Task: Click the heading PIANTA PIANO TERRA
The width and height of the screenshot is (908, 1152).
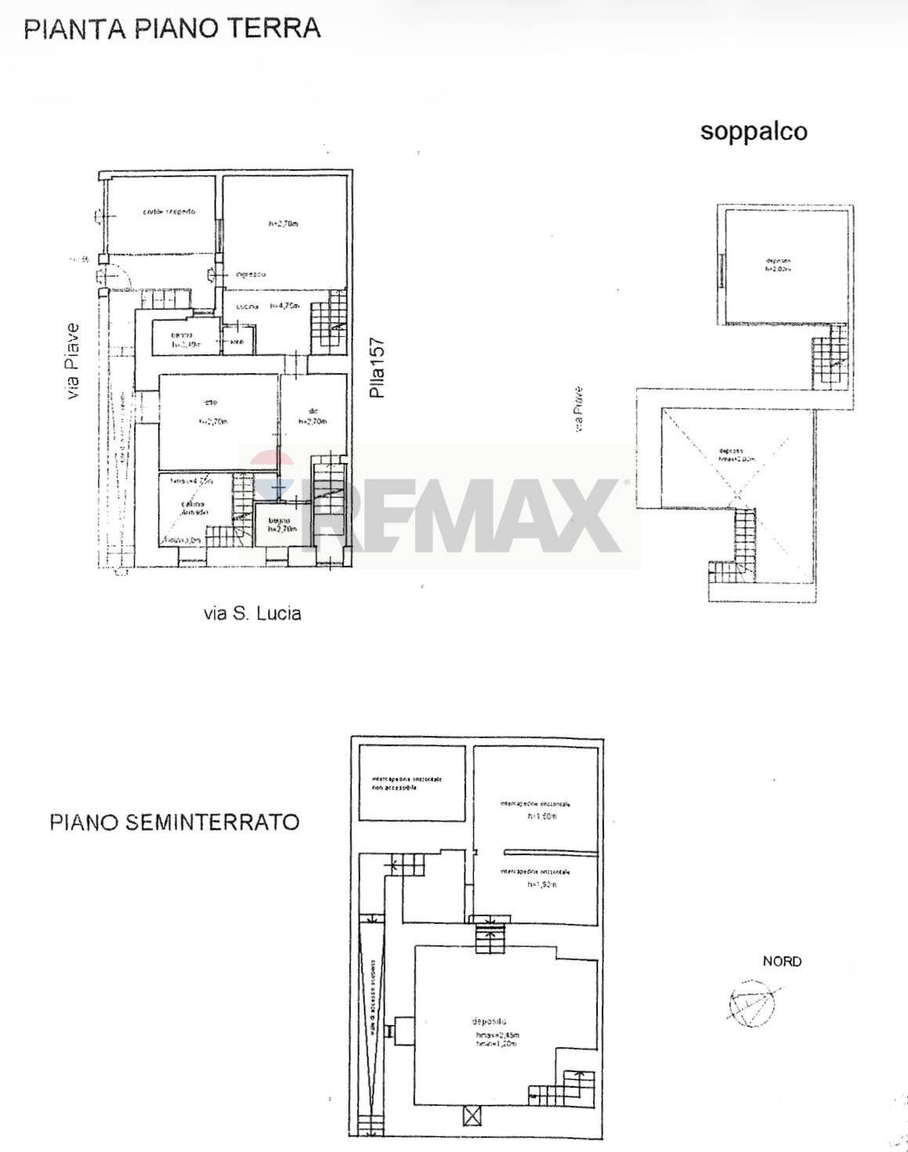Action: click(172, 28)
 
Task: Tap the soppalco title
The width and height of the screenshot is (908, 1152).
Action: click(753, 131)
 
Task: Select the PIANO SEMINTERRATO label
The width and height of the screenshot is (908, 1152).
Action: click(174, 822)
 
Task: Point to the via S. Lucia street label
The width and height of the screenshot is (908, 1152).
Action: click(252, 613)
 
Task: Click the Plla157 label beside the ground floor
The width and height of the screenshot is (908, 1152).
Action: click(378, 368)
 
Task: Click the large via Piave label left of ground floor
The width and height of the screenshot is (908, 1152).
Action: click(73, 361)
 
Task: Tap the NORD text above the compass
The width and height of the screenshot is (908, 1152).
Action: click(782, 961)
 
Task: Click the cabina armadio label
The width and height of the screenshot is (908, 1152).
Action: click(194, 508)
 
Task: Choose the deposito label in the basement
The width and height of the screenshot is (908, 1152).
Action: click(490, 1021)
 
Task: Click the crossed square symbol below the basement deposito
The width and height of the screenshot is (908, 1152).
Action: click(473, 1115)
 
